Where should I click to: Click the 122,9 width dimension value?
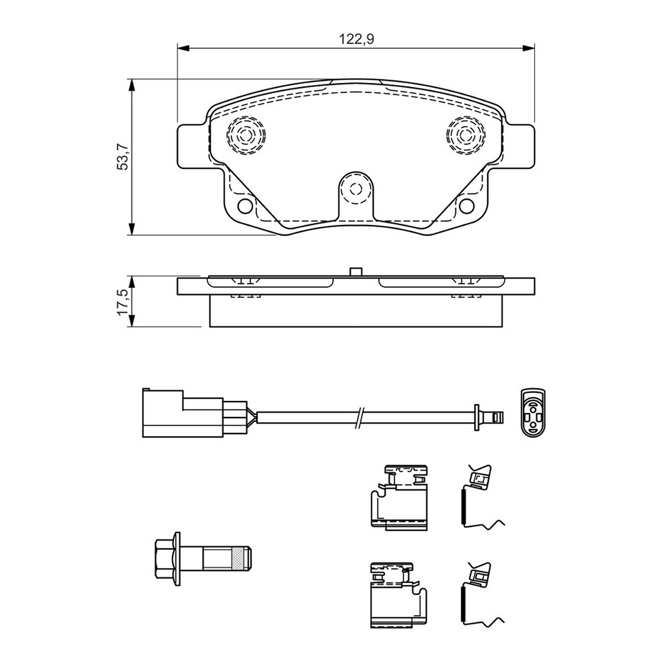(356, 39)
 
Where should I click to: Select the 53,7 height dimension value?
(122, 156)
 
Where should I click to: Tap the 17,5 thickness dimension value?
(122, 302)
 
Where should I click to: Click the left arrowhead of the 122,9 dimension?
(184, 49)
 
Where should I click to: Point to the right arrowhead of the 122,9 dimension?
(528, 49)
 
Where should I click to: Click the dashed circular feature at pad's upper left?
(246, 135)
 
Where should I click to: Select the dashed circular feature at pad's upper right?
(466, 135)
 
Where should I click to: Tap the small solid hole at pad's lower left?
(245, 205)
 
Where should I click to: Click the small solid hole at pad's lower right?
(467, 205)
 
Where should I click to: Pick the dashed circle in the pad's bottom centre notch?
(356, 189)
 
